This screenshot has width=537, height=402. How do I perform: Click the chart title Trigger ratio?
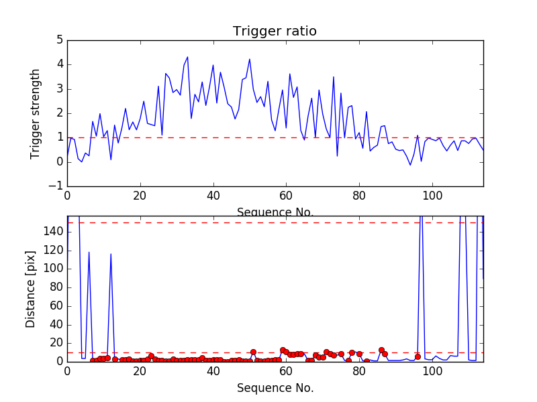(x=275, y=31)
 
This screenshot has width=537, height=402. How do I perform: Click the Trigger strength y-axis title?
(x=36, y=113)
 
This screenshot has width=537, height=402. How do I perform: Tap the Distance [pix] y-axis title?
(x=31, y=289)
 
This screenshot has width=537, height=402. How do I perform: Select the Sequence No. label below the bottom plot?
(x=275, y=388)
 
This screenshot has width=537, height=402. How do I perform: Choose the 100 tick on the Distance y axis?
(x=54, y=269)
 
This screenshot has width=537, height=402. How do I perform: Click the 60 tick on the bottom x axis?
(x=286, y=371)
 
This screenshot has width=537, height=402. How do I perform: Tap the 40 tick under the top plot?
(x=213, y=196)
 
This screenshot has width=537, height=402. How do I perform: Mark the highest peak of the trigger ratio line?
(x=187, y=57)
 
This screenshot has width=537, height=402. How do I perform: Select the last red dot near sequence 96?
(x=418, y=356)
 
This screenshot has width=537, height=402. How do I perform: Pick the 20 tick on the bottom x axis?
(x=140, y=371)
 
